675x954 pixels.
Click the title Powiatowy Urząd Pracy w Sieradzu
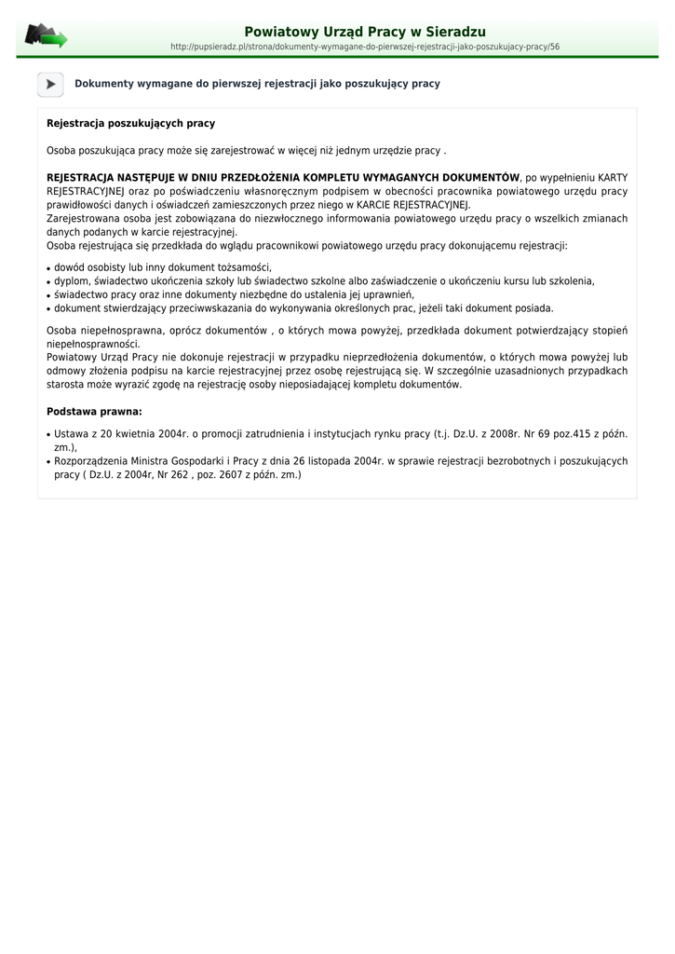click(x=365, y=32)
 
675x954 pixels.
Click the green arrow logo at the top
click(x=46, y=36)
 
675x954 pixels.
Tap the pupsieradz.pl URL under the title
click(x=365, y=47)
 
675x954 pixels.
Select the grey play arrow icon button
click(x=50, y=84)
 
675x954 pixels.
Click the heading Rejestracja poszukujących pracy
click(x=130, y=123)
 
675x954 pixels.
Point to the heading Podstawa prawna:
click(x=94, y=411)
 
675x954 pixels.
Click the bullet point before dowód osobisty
click(x=48, y=268)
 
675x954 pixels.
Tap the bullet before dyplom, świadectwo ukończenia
click(x=48, y=281)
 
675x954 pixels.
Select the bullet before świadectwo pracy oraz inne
click(x=48, y=295)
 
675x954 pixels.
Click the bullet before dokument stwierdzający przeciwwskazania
click(x=48, y=308)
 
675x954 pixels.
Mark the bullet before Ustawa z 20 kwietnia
click(x=48, y=434)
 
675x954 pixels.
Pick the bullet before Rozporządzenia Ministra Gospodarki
click(x=48, y=461)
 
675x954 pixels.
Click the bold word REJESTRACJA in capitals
click(x=80, y=177)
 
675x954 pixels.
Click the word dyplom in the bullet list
click(x=71, y=280)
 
